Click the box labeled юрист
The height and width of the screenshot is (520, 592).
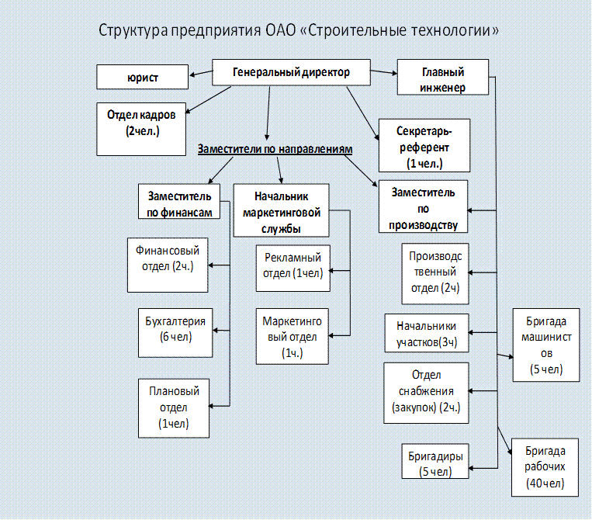[x=143, y=77]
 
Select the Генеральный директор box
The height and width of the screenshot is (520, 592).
[x=291, y=73]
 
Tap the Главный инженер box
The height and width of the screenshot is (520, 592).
[x=443, y=78]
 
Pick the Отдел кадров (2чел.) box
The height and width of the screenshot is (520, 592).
[x=141, y=123]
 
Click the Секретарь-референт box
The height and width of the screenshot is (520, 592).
[x=424, y=144]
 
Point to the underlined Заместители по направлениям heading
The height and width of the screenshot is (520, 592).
[x=275, y=148]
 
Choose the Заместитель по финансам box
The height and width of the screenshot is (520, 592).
[x=178, y=202]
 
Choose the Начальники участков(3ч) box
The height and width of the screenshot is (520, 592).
[x=426, y=333]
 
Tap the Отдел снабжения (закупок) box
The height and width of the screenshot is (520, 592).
[x=426, y=392]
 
